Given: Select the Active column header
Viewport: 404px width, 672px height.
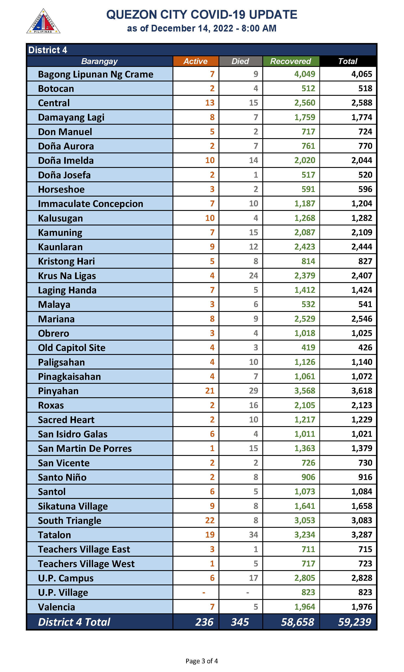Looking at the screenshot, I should coord(195,61).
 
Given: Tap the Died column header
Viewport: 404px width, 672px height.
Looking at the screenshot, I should coord(240,61).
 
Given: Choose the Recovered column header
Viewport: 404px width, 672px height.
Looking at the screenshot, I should coord(291,61).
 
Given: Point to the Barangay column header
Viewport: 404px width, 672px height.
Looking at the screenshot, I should coord(99,61).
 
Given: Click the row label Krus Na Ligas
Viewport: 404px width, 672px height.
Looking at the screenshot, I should coord(67,276).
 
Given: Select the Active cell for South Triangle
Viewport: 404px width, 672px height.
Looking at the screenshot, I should coord(210,520).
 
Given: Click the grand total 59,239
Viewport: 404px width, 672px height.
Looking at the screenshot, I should coord(355,622).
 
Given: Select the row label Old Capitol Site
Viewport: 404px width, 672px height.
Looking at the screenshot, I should coord(72,348).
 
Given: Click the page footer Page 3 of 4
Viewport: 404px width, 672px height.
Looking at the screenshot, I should coord(202,661).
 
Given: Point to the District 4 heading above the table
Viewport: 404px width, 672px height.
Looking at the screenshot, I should coord(48,50).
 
